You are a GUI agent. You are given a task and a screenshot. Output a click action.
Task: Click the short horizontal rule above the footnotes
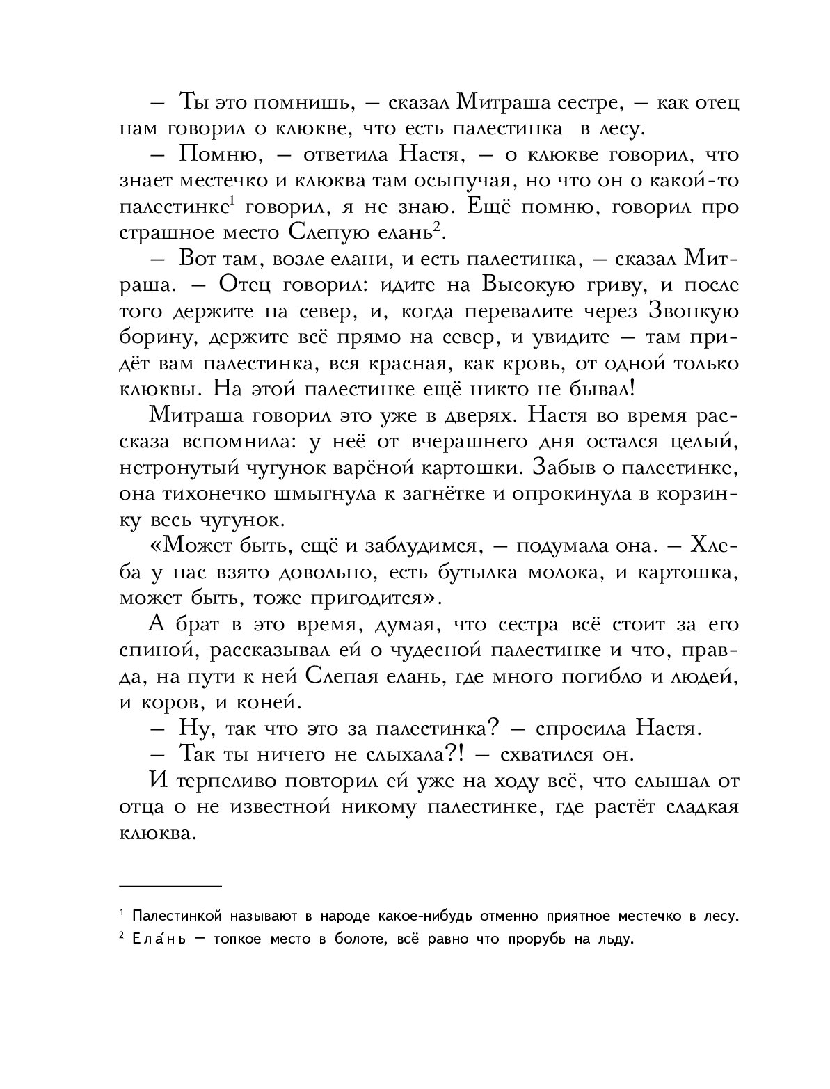click(170, 886)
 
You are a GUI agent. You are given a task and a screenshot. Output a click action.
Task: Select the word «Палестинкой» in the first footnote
click(176, 916)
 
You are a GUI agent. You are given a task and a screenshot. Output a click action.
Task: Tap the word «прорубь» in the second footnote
click(525, 941)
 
